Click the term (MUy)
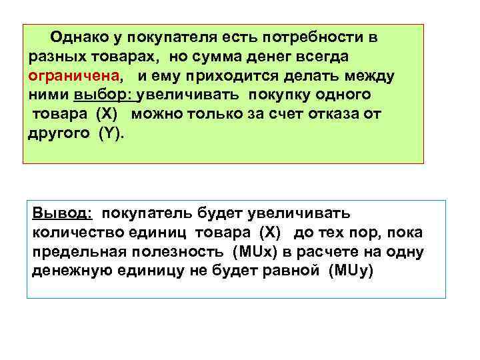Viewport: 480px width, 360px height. tap(353, 272)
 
